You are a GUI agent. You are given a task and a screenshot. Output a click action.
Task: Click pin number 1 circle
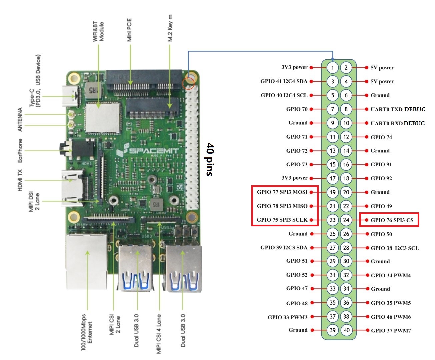332,67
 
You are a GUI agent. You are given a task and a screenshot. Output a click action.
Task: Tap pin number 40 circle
346,330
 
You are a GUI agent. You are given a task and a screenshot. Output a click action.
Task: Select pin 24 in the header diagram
346,220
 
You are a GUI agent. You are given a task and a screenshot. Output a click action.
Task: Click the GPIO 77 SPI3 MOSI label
282,192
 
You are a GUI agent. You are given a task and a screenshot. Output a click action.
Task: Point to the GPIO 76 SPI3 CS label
392,220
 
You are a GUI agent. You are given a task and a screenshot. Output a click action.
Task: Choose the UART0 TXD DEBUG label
398,109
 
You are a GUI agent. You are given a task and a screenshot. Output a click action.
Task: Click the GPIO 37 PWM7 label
391,330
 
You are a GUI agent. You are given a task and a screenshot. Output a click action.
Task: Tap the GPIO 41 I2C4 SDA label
284,81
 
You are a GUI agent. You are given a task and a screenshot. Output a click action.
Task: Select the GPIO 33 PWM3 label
287,317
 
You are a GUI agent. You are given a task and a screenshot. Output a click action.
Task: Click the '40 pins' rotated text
210,159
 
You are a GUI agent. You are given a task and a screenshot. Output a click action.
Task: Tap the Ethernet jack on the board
87,262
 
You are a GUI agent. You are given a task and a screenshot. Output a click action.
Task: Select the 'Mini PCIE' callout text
129,30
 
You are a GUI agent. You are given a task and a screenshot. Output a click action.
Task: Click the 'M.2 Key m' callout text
170,28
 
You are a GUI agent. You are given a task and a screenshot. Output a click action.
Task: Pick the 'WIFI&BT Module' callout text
98,31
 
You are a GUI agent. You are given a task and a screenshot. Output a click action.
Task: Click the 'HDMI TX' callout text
20,180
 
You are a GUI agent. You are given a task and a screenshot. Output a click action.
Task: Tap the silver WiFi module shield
102,118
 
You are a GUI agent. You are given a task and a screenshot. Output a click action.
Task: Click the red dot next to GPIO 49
367,206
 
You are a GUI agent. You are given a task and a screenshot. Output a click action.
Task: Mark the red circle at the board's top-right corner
188,83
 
